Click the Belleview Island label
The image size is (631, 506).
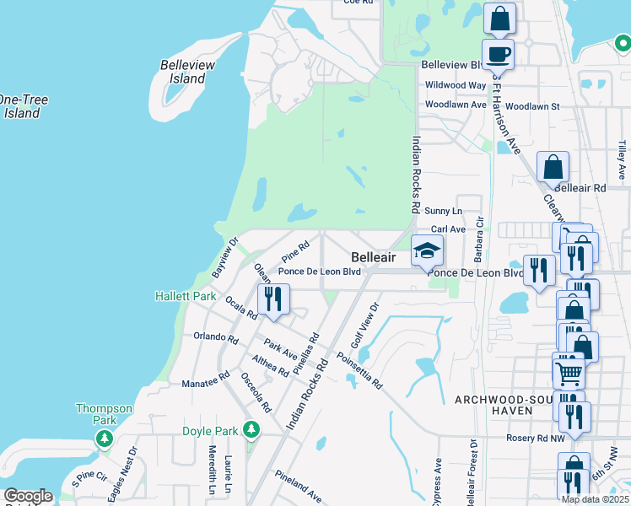click(x=188, y=72)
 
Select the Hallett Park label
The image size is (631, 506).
click(x=186, y=296)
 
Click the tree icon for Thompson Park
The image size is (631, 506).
click(x=105, y=439)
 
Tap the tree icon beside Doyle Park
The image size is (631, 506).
click(x=251, y=430)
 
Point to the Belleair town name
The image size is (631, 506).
click(x=373, y=256)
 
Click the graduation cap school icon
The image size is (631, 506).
click(x=427, y=250)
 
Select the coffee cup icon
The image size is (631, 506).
click(x=499, y=55)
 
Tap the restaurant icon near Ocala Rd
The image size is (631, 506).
click(x=273, y=299)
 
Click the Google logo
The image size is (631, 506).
click(x=28, y=495)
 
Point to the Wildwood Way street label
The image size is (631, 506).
click(x=456, y=85)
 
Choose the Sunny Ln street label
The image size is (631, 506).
click(x=444, y=210)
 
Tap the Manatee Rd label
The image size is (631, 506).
click(x=206, y=382)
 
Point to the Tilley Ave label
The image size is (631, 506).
click(x=622, y=159)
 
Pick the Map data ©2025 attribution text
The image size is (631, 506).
click(x=595, y=499)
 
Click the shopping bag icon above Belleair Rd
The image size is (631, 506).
click(x=553, y=167)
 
